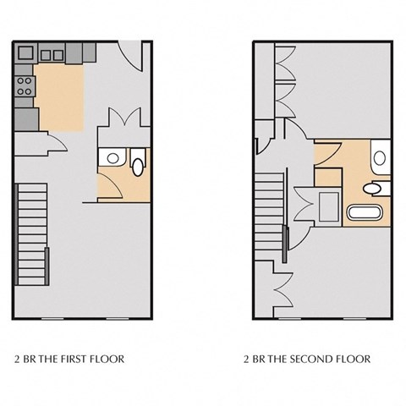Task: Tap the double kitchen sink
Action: click(x=52, y=55)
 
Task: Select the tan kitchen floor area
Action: click(x=58, y=96)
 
